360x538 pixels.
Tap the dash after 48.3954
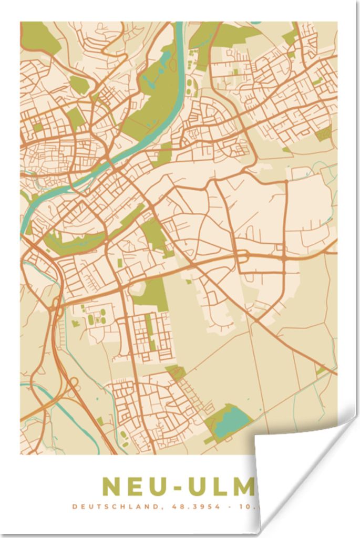[x=227, y=507]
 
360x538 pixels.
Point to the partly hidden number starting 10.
[x=246, y=507]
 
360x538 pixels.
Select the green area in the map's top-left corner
[x=39, y=37]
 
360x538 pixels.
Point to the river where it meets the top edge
[x=179, y=25]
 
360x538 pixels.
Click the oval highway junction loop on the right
[x=242, y=256]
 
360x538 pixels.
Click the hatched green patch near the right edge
[x=324, y=134]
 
